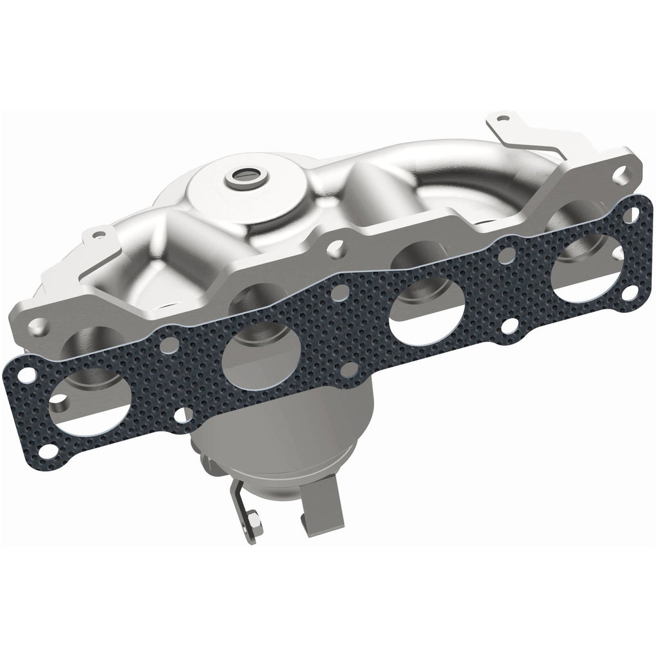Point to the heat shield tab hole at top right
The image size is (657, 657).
tap(502, 118)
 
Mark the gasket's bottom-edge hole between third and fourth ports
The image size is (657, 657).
tap(506, 323)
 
